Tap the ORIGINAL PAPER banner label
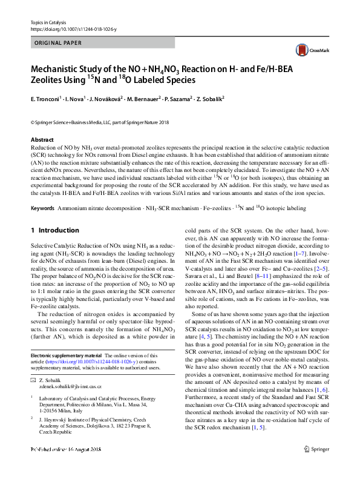(x=59, y=44)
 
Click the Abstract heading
(x=42, y=140)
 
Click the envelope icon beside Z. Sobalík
(x=33, y=380)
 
